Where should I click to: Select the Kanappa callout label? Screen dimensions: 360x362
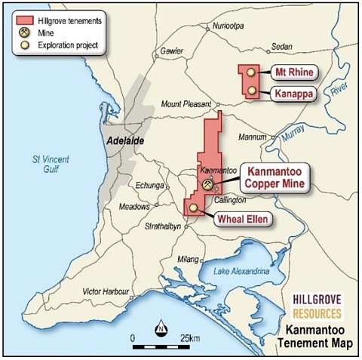click(294, 93)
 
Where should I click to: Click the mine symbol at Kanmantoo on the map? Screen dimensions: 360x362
click(207, 183)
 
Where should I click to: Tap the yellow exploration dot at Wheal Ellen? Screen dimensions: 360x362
click(194, 208)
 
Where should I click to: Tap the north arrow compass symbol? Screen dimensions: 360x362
click(161, 328)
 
